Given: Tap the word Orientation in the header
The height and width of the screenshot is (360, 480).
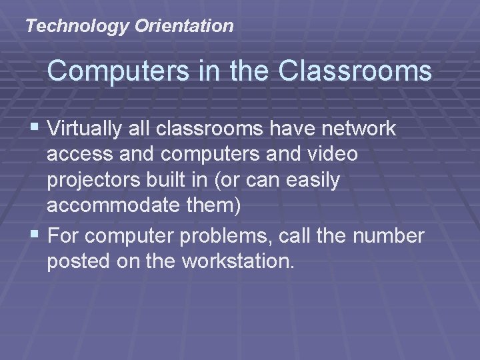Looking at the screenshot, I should tap(183, 27).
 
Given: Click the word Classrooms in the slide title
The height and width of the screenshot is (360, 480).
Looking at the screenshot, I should tap(354, 71).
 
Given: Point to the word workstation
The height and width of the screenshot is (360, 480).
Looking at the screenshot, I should tap(237, 262).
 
